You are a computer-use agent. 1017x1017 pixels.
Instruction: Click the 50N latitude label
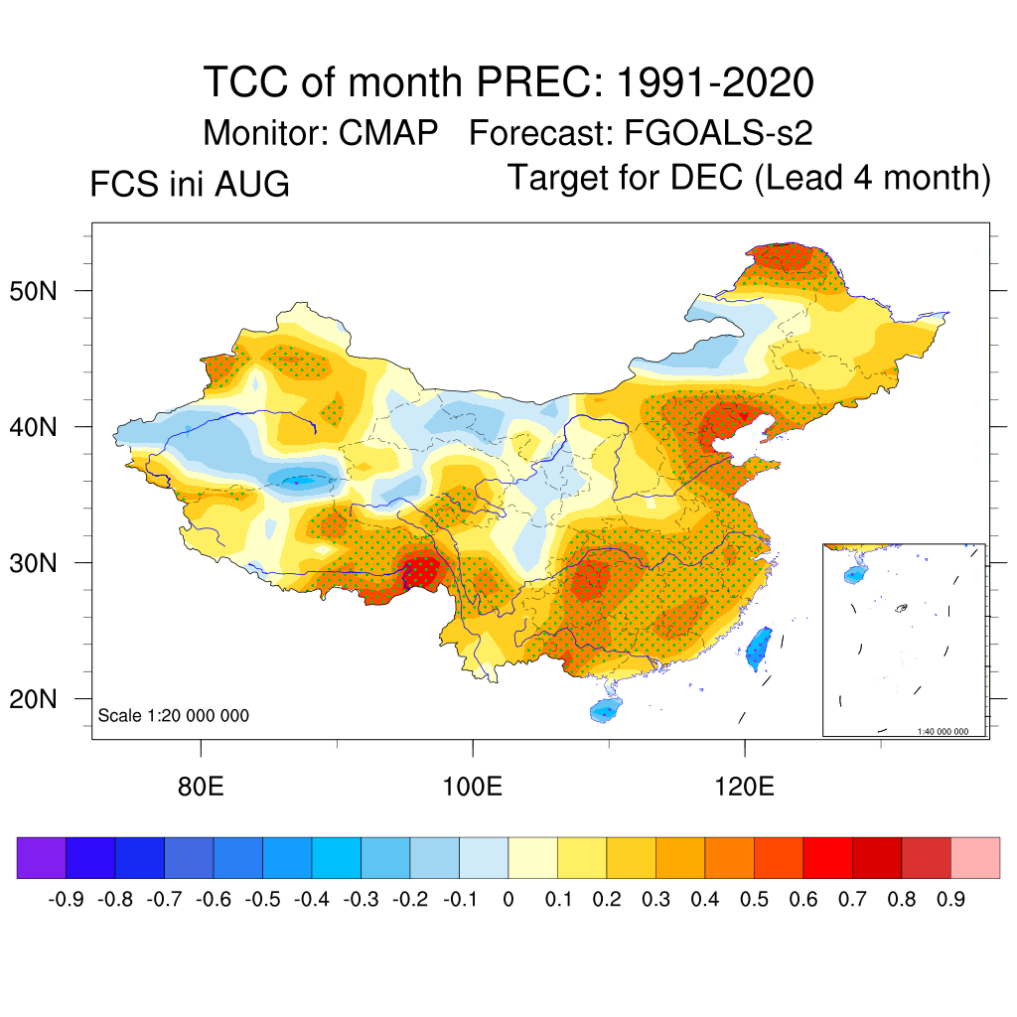[33, 291]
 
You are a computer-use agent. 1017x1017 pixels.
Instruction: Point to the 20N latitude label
[33, 699]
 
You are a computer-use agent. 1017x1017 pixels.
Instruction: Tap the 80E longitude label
[201, 787]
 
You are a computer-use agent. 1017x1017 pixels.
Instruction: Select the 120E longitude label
[745, 787]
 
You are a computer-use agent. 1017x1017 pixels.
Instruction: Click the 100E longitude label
[472, 787]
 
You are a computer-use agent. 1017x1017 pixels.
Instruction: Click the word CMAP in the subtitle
[388, 133]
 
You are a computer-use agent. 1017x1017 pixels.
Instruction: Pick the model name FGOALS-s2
[718, 133]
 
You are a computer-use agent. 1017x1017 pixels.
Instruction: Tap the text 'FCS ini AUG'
[190, 184]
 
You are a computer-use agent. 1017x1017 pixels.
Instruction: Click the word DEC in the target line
[706, 177]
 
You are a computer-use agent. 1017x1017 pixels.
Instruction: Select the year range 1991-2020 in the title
[715, 82]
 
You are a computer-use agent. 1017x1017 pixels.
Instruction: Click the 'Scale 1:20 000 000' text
[173, 715]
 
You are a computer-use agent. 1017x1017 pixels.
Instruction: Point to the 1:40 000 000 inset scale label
[943, 732]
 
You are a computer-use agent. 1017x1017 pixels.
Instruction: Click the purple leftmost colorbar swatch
[42, 857]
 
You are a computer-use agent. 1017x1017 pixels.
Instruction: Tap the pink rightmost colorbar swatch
[975, 857]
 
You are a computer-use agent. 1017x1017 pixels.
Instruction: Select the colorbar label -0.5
[262, 900]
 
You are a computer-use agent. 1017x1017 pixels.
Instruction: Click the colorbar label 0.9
[950, 900]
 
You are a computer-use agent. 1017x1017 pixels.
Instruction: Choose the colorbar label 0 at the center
[508, 900]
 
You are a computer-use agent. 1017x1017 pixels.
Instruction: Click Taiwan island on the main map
[759, 648]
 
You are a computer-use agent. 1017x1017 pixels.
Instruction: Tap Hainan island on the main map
[606, 709]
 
